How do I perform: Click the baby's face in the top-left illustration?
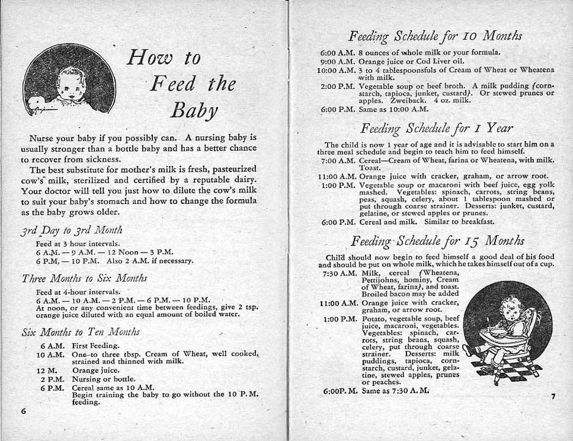[72, 87]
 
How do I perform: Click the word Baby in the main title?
[194, 110]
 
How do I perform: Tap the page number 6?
[24, 410]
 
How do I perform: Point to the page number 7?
[552, 396]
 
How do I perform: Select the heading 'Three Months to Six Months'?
[84, 277]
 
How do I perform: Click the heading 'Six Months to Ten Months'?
[80, 332]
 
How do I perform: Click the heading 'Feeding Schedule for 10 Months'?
[435, 36]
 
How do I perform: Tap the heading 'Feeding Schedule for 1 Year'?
[436, 128]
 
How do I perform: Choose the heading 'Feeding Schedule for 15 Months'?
[437, 240]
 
